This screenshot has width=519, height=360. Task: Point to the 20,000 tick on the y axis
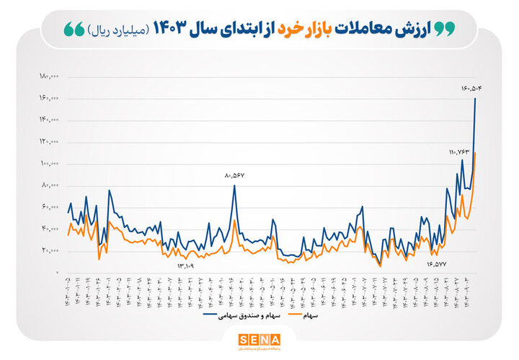pyautogui.click(x=50, y=251)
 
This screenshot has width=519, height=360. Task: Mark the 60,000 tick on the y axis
pyautogui.click(x=50, y=207)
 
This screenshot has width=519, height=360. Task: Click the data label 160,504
pyautogui.click(x=471, y=88)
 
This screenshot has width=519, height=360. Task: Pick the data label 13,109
pyautogui.click(x=187, y=265)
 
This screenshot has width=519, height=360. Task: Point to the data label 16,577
pyautogui.click(x=436, y=264)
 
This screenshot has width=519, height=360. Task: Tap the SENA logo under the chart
pyautogui.click(x=259, y=340)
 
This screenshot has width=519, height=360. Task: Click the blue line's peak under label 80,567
pyautogui.click(x=234, y=185)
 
